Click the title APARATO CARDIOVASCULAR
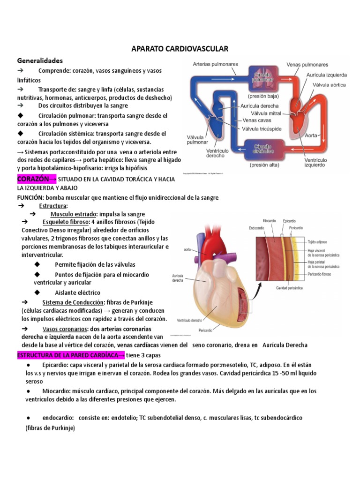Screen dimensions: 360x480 point(180,49)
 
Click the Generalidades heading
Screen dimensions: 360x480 point(40,60)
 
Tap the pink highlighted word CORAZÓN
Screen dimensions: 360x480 point(33,179)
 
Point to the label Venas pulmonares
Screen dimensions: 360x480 point(307,65)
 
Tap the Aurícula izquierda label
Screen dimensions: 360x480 point(327,75)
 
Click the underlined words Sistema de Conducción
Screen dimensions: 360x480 point(72,302)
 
